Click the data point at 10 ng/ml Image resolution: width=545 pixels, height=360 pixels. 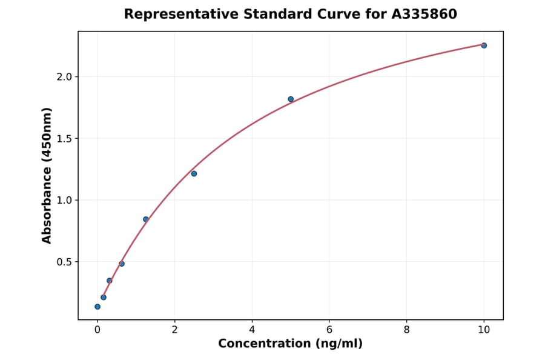(x=484, y=45)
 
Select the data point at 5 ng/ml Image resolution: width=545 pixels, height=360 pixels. (x=291, y=99)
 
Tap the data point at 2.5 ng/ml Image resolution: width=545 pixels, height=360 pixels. (x=194, y=174)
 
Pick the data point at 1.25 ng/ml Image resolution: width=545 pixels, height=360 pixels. (x=146, y=219)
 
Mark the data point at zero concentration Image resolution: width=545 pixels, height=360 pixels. (x=97, y=307)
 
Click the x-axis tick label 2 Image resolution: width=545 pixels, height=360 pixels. (x=174, y=330)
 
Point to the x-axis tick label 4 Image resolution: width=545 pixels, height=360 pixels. (x=252, y=330)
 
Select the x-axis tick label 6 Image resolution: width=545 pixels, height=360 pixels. (x=329, y=330)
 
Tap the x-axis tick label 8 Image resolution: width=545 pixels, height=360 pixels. (x=406, y=330)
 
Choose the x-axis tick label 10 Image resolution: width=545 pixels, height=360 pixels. (x=484, y=330)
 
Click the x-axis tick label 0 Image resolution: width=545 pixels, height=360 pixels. (x=97, y=330)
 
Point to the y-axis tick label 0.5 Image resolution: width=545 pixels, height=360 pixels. (x=64, y=262)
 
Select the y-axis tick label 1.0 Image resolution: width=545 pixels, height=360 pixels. (x=64, y=200)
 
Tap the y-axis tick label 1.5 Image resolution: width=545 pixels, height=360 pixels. (x=64, y=138)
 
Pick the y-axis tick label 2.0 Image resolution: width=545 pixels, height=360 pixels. (x=64, y=77)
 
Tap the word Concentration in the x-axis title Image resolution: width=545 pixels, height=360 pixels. (x=263, y=344)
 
